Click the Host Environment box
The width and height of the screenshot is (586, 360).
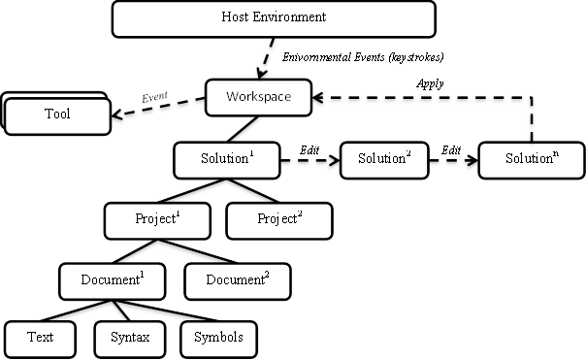273,18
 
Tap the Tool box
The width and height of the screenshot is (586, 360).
57,115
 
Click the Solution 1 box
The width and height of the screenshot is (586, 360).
227,159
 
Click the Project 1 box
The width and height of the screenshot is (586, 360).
158,219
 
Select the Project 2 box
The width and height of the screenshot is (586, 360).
279,219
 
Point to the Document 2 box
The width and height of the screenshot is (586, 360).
239,280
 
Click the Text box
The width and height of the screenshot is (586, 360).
41,338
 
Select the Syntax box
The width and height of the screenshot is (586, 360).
130,338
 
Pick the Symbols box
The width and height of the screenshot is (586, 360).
218,338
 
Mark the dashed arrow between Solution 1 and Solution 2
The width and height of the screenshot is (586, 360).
310,161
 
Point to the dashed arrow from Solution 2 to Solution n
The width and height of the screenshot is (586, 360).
453,161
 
